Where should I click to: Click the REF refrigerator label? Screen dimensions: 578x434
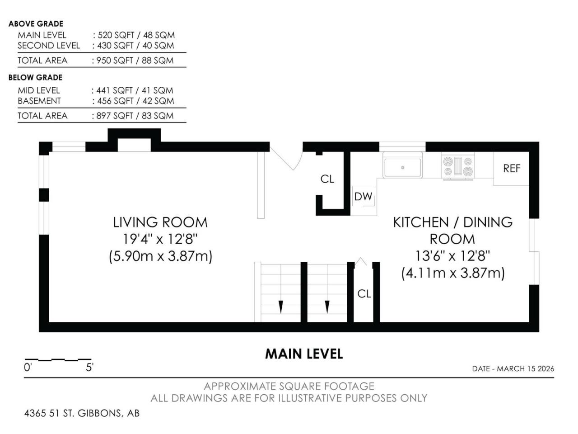pos(511,168)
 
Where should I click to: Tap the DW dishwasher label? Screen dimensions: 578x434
pos(363,197)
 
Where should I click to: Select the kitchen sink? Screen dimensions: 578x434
pos(402,165)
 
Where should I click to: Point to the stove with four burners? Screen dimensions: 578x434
pos(458,166)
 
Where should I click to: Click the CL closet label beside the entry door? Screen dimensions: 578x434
pos(327,179)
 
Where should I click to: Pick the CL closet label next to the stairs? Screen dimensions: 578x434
pos(364,294)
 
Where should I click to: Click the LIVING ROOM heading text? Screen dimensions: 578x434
pos(160,222)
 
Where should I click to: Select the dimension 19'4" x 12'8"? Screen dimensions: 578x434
pos(160,239)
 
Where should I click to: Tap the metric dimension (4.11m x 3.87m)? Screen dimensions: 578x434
pos(452,273)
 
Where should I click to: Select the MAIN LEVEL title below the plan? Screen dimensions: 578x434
pos(304,354)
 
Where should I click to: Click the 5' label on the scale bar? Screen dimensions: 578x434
pos(89,368)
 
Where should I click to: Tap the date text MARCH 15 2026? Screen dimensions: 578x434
pos(525,368)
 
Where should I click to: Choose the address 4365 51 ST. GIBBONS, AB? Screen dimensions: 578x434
pos(82,413)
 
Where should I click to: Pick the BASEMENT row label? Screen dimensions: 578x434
pos(39,101)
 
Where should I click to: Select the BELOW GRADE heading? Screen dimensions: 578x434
pos(36,77)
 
